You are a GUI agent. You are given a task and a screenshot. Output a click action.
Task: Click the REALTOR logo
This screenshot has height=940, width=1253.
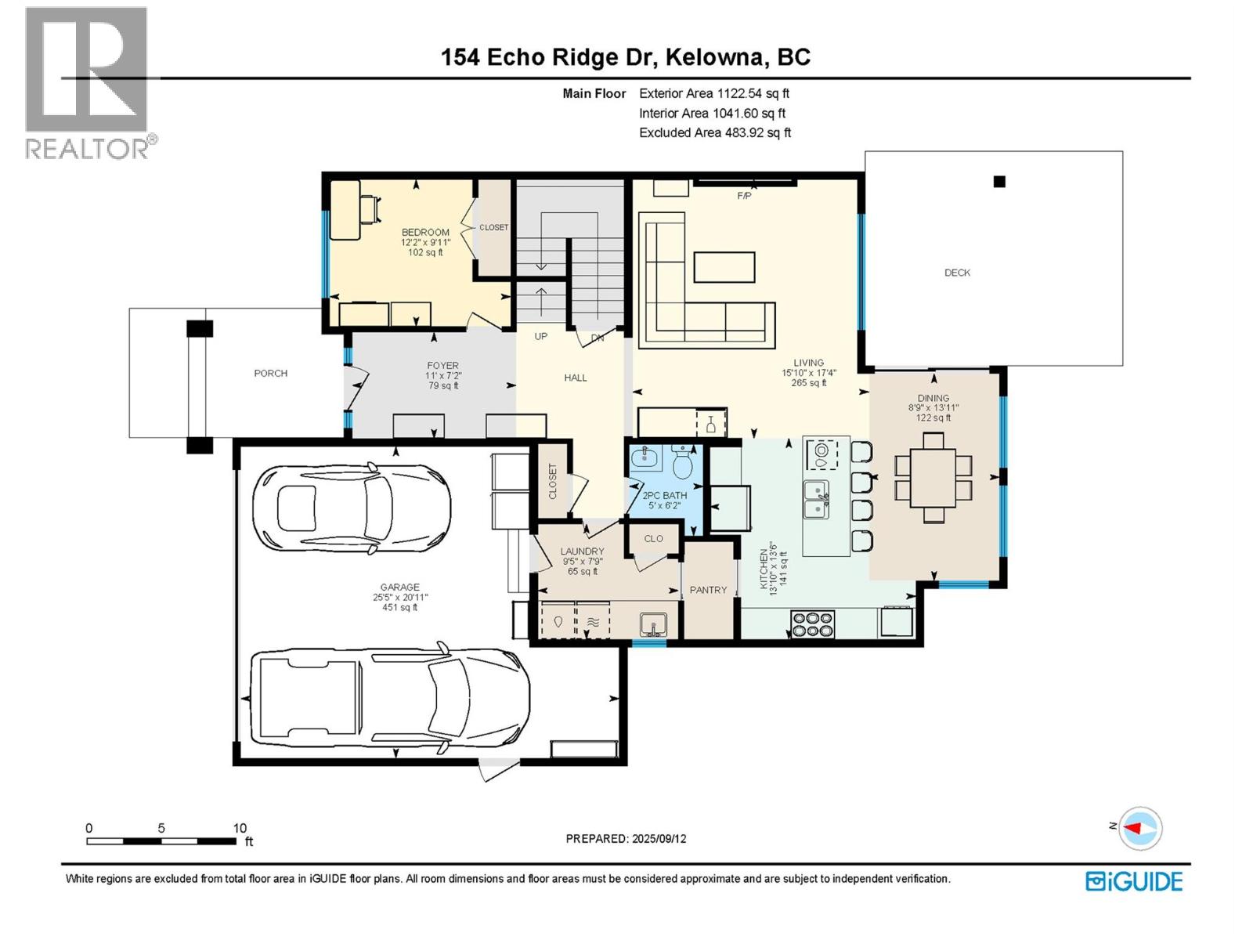[x=87, y=81]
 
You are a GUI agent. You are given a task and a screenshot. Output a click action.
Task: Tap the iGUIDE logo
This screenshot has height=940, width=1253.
[x=1134, y=881]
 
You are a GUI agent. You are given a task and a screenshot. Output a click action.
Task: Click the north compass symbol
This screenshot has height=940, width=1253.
[x=1139, y=828]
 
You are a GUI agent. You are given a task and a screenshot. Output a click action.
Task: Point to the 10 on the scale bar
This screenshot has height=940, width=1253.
[x=240, y=828]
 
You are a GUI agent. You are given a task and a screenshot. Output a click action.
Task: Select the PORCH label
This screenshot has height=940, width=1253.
[x=270, y=374]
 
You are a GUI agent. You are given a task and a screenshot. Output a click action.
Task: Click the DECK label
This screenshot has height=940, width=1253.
[x=957, y=273]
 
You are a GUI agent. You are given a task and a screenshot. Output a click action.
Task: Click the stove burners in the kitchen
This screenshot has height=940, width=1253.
[x=812, y=624]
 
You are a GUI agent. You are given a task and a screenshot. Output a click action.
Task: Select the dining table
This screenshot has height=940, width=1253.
[x=933, y=478]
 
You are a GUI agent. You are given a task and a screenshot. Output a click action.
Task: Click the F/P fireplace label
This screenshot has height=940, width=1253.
[x=744, y=196]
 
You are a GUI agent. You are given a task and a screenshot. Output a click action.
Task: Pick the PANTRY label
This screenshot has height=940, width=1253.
[x=708, y=590]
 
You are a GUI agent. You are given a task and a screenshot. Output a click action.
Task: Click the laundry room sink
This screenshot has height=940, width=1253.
[x=652, y=624]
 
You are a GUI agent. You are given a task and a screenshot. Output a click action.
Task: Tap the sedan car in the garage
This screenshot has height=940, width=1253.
[x=351, y=507]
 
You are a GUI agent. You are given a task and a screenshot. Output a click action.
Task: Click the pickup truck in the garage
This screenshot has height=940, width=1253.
[x=389, y=698]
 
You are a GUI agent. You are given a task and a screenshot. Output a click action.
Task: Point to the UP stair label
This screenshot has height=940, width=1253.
[x=540, y=336]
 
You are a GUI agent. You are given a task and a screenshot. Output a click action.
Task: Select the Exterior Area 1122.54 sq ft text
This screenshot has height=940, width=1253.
[x=714, y=93]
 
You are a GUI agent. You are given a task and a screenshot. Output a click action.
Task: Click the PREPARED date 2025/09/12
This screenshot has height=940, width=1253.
[x=626, y=838]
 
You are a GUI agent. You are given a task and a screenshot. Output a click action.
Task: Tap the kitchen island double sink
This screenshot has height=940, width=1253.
[x=816, y=500]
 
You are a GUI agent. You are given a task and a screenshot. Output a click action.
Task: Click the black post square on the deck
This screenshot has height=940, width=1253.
[x=999, y=182]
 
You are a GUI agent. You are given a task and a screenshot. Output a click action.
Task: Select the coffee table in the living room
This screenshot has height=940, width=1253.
[x=724, y=266]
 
